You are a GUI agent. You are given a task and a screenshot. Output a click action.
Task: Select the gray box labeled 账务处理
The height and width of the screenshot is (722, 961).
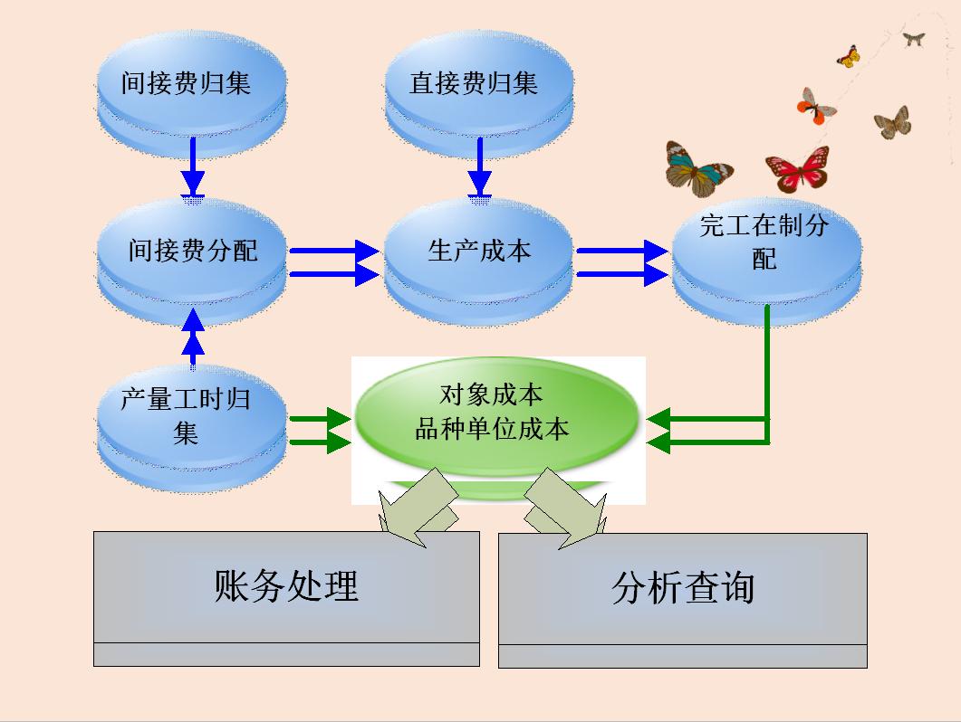click(x=286, y=588)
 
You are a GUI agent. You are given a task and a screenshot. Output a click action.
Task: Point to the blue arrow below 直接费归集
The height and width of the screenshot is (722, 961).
click(x=479, y=167)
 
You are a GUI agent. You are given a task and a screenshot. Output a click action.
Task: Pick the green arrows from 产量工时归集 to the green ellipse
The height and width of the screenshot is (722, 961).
click(x=320, y=431)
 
